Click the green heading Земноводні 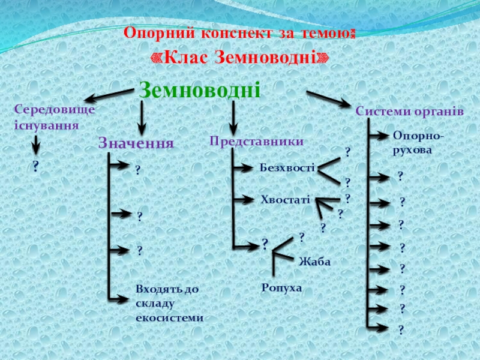(200, 90)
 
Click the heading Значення (136, 143)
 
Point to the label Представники (257, 141)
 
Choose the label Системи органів (409, 112)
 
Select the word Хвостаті (286, 199)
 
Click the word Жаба (315, 262)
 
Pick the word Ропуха (281, 288)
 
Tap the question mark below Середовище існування (35, 167)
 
